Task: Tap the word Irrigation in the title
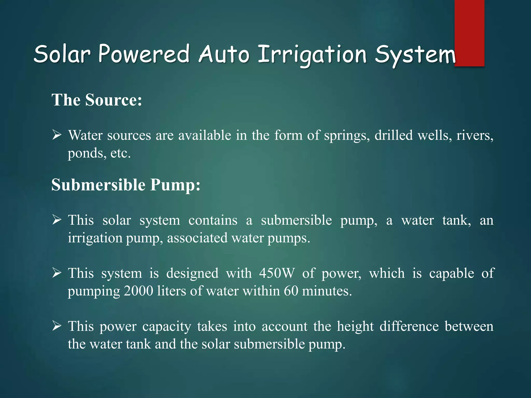(x=312, y=55)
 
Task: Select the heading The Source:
(x=97, y=100)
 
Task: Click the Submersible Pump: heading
(x=126, y=185)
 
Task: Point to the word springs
(x=347, y=136)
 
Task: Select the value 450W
(x=277, y=273)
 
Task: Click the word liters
(x=172, y=291)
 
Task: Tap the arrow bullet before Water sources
(x=57, y=135)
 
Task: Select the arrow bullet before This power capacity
(x=57, y=326)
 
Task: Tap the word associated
(x=197, y=238)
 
